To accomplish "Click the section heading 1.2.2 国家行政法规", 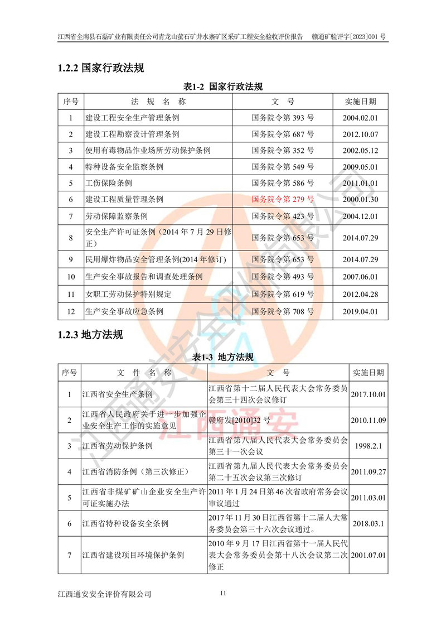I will [x=100, y=68].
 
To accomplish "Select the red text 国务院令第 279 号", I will [x=283, y=199].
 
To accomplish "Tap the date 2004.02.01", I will [x=360, y=118].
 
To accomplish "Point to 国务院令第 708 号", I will [x=283, y=312].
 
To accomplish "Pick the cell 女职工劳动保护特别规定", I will [x=128, y=294].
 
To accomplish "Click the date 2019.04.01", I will [x=360, y=312].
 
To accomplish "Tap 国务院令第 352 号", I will [x=283, y=151].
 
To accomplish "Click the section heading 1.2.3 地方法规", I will [x=90, y=335].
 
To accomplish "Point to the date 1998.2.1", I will [x=369, y=446].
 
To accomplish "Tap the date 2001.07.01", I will [x=369, y=556].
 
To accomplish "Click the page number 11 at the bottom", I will [x=223, y=593].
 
